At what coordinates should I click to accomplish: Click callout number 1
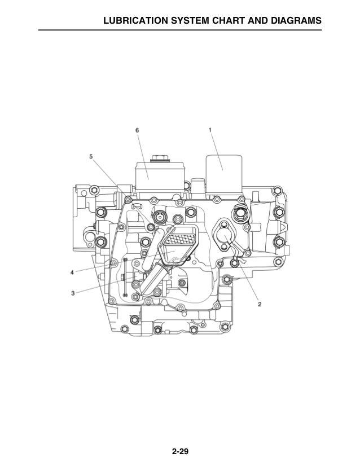pyautogui.click(x=210, y=129)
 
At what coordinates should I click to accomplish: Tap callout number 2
pyautogui.click(x=260, y=304)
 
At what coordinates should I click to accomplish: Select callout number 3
pyautogui.click(x=73, y=293)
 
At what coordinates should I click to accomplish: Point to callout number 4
pyautogui.click(x=72, y=272)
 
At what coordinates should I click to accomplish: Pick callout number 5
pyautogui.click(x=90, y=155)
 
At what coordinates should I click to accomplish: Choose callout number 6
pyautogui.click(x=137, y=130)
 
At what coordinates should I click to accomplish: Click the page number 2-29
pyautogui.click(x=180, y=451)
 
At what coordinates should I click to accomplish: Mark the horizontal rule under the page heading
pyautogui.click(x=180, y=29)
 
